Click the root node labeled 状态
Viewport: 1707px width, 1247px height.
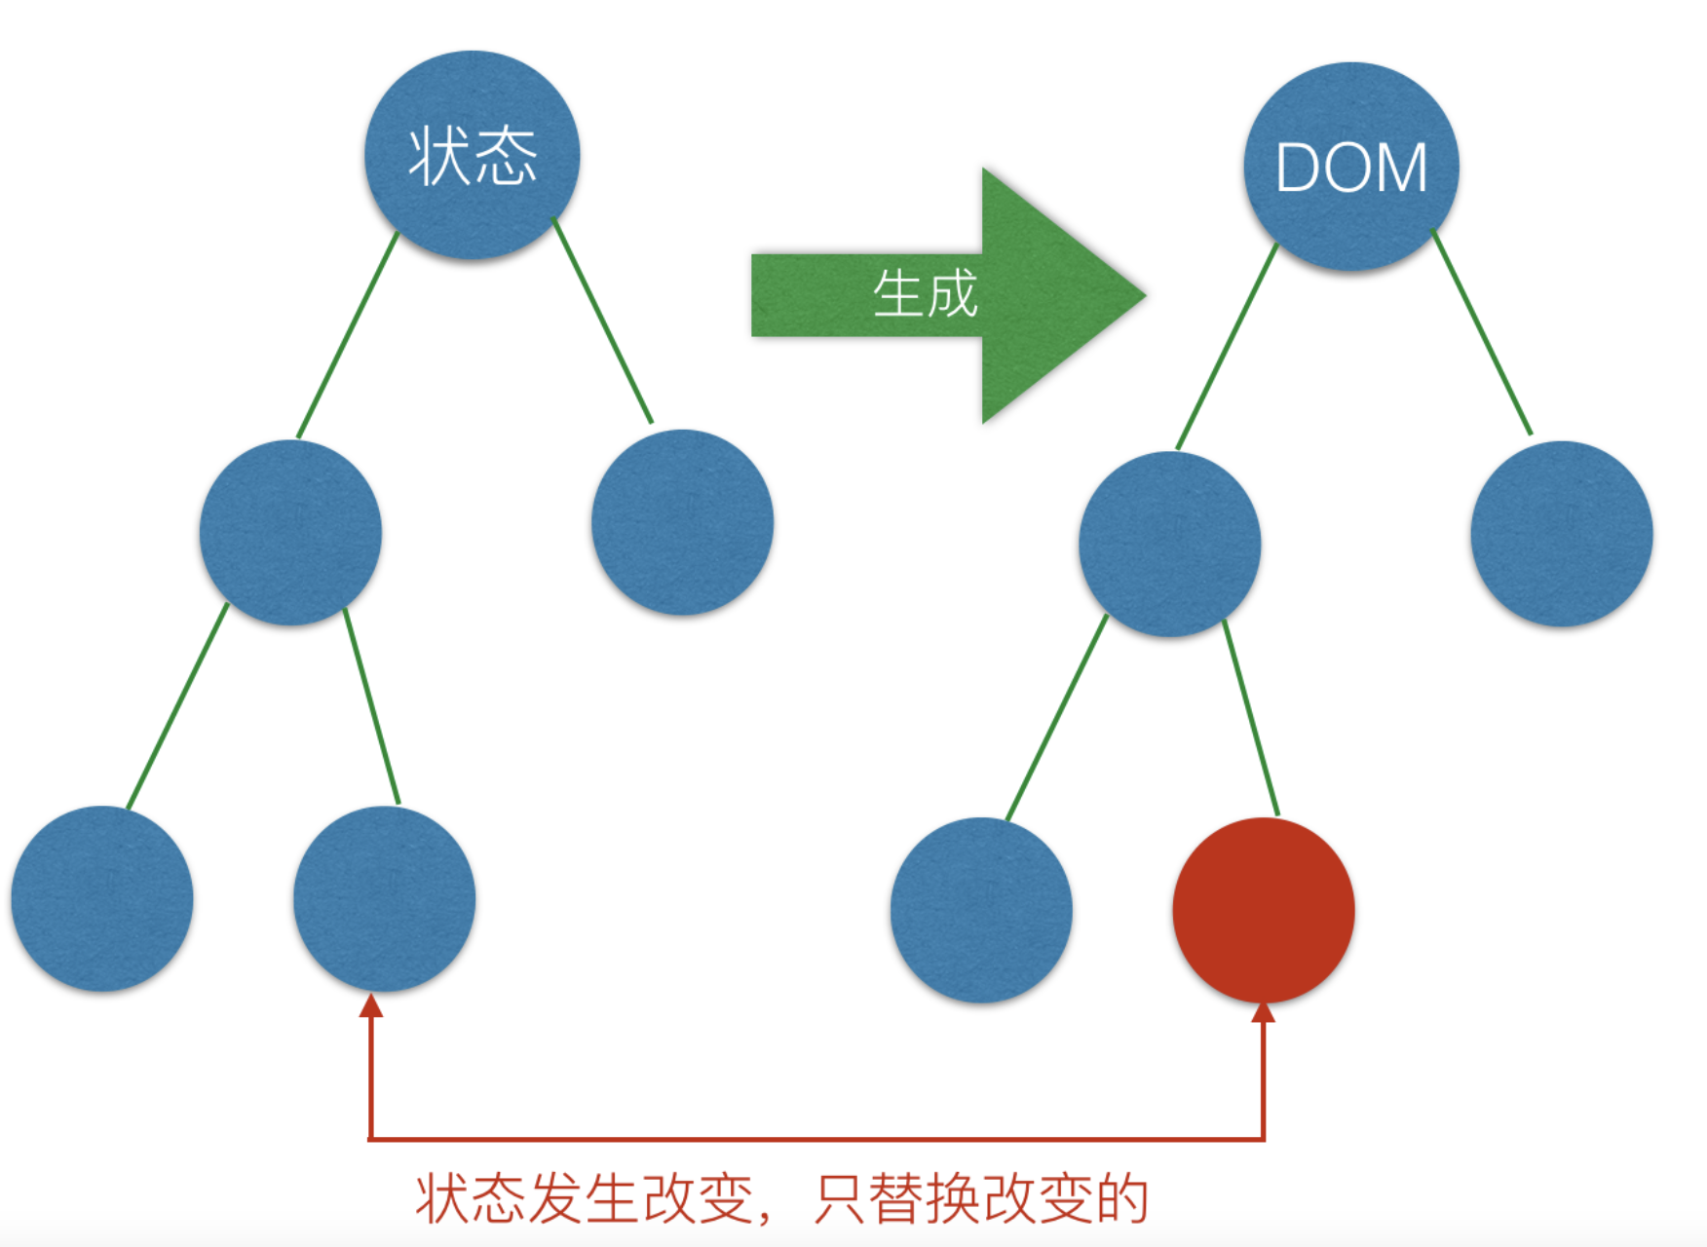473,156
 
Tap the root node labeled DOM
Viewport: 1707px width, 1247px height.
1351,167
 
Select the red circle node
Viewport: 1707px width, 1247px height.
1264,909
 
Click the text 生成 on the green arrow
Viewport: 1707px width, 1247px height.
925,293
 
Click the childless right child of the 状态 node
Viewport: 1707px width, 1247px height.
682,522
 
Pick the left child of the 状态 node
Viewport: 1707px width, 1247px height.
290,533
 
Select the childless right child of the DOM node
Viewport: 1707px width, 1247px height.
1562,534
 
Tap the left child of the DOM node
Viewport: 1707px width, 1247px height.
1169,544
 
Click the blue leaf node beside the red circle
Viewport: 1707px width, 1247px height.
981,909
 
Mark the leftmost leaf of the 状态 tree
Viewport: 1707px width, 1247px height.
102,898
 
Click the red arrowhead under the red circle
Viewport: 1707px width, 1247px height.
1264,1013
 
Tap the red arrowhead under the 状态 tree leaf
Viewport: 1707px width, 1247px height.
370,1004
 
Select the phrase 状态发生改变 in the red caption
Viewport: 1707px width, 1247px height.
585,1198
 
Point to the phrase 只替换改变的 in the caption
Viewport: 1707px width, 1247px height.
981,1198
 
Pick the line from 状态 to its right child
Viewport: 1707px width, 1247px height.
603,321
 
